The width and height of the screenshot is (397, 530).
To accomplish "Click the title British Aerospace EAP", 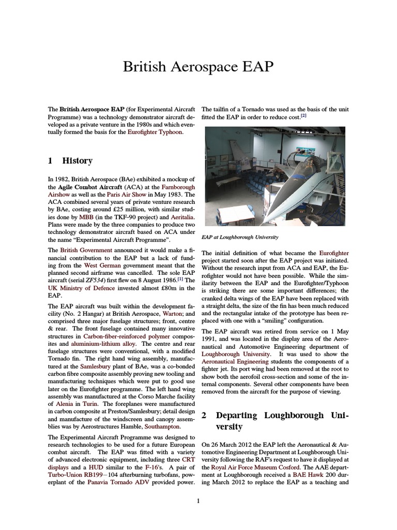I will (x=198, y=67).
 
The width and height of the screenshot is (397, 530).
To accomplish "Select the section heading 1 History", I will (x=70, y=161).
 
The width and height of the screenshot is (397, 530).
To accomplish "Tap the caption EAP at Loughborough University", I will (x=240, y=237).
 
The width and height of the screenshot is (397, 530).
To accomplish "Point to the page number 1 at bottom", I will (x=198, y=500).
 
